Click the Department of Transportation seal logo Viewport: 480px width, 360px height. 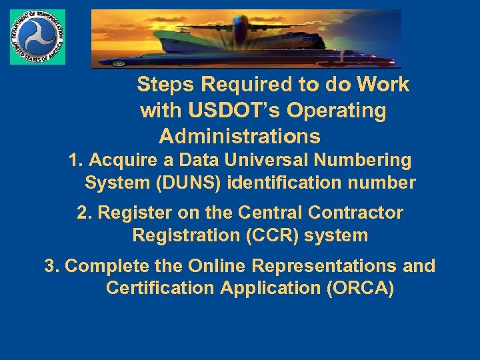point(38,37)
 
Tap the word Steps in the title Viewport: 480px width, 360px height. point(166,85)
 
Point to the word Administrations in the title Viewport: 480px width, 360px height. point(240,137)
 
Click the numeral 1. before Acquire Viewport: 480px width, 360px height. point(76,161)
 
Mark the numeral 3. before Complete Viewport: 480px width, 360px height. point(52,266)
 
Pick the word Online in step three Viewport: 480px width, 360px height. point(217,266)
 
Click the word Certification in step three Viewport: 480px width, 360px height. point(162,289)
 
